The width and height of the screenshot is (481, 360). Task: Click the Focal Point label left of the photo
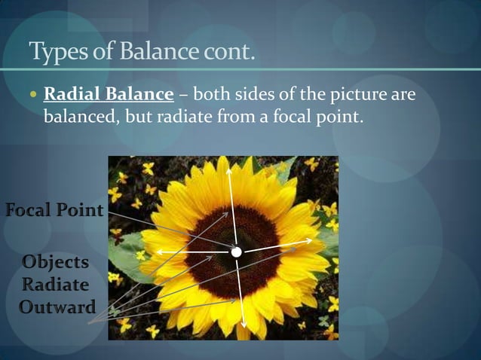(x=54, y=210)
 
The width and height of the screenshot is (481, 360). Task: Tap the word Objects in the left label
(x=55, y=263)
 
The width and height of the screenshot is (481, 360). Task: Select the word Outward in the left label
(x=57, y=307)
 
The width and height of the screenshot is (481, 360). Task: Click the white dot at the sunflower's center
(x=236, y=252)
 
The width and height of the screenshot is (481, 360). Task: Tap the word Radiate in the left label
(x=56, y=285)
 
